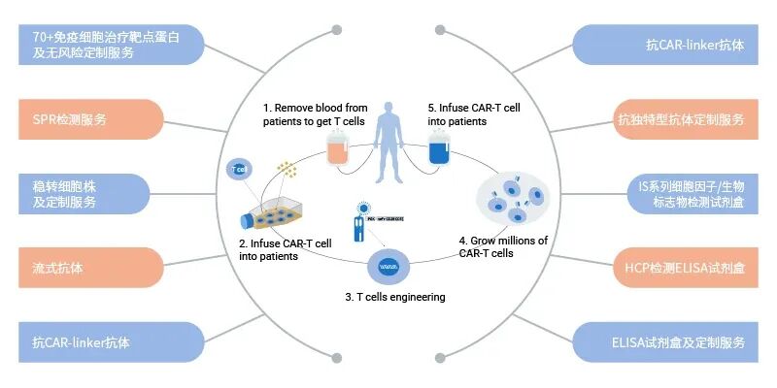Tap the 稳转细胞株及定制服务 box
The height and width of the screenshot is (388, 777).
click(83, 194)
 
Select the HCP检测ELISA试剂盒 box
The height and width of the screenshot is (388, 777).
click(681, 268)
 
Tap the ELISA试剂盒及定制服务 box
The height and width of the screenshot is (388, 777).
click(681, 342)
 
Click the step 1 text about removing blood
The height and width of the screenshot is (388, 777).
click(313, 114)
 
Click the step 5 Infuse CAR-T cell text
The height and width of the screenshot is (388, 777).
click(469, 114)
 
